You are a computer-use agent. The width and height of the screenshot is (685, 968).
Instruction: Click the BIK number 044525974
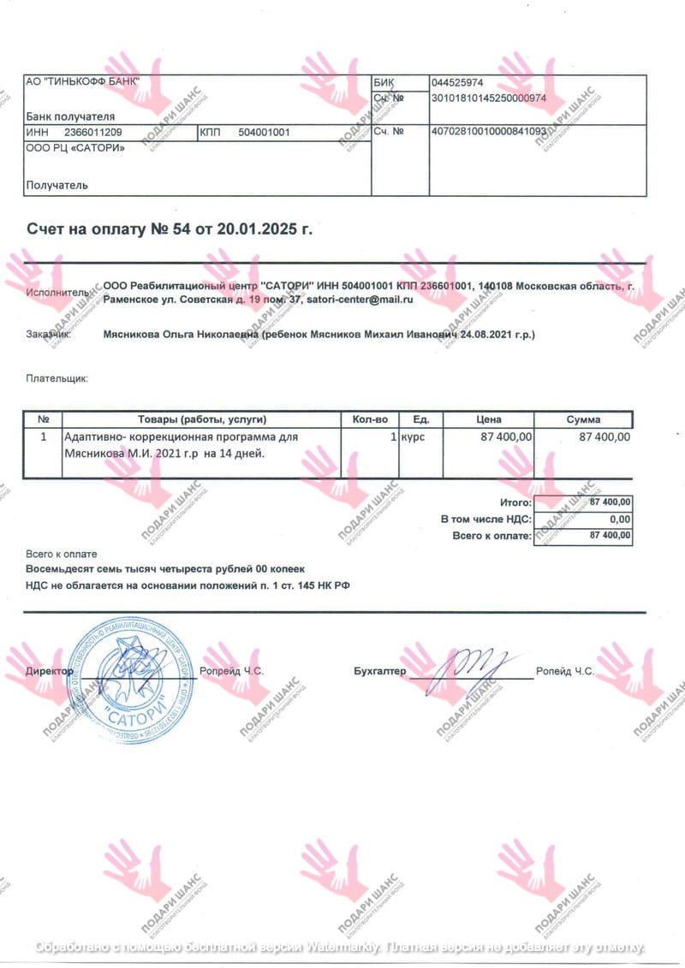[458, 83]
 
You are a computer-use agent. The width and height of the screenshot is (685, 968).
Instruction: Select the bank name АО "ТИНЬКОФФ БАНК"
[82, 81]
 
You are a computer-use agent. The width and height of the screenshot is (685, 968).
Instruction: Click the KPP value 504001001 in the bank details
[265, 133]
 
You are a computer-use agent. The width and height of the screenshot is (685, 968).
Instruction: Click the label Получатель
[57, 185]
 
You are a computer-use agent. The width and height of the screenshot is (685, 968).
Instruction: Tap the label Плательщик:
[57, 377]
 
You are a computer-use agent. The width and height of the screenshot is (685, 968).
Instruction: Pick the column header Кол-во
[370, 419]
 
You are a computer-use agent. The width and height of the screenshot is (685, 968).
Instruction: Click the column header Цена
[488, 419]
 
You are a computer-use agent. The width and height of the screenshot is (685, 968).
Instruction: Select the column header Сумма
[583, 419]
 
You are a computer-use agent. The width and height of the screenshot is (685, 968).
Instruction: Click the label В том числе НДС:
[486, 520]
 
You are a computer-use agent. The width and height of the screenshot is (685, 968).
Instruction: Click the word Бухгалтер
[380, 672]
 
